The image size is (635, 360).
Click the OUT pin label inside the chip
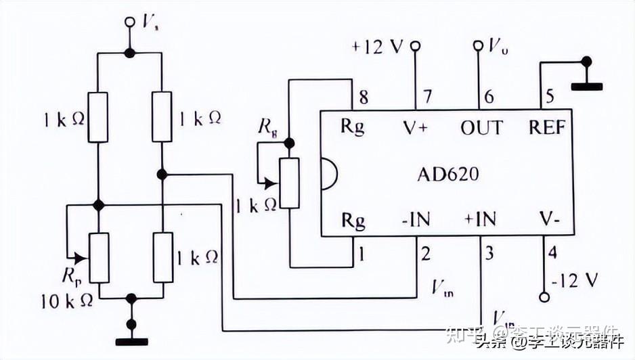pyautogui.click(x=482, y=127)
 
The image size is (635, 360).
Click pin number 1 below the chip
pyautogui.click(x=362, y=254)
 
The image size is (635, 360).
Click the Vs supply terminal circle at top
pyautogui.click(x=130, y=22)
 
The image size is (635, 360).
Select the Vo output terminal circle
pyautogui.click(x=479, y=46)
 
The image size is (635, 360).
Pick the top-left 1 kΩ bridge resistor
pyautogui.click(x=99, y=117)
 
